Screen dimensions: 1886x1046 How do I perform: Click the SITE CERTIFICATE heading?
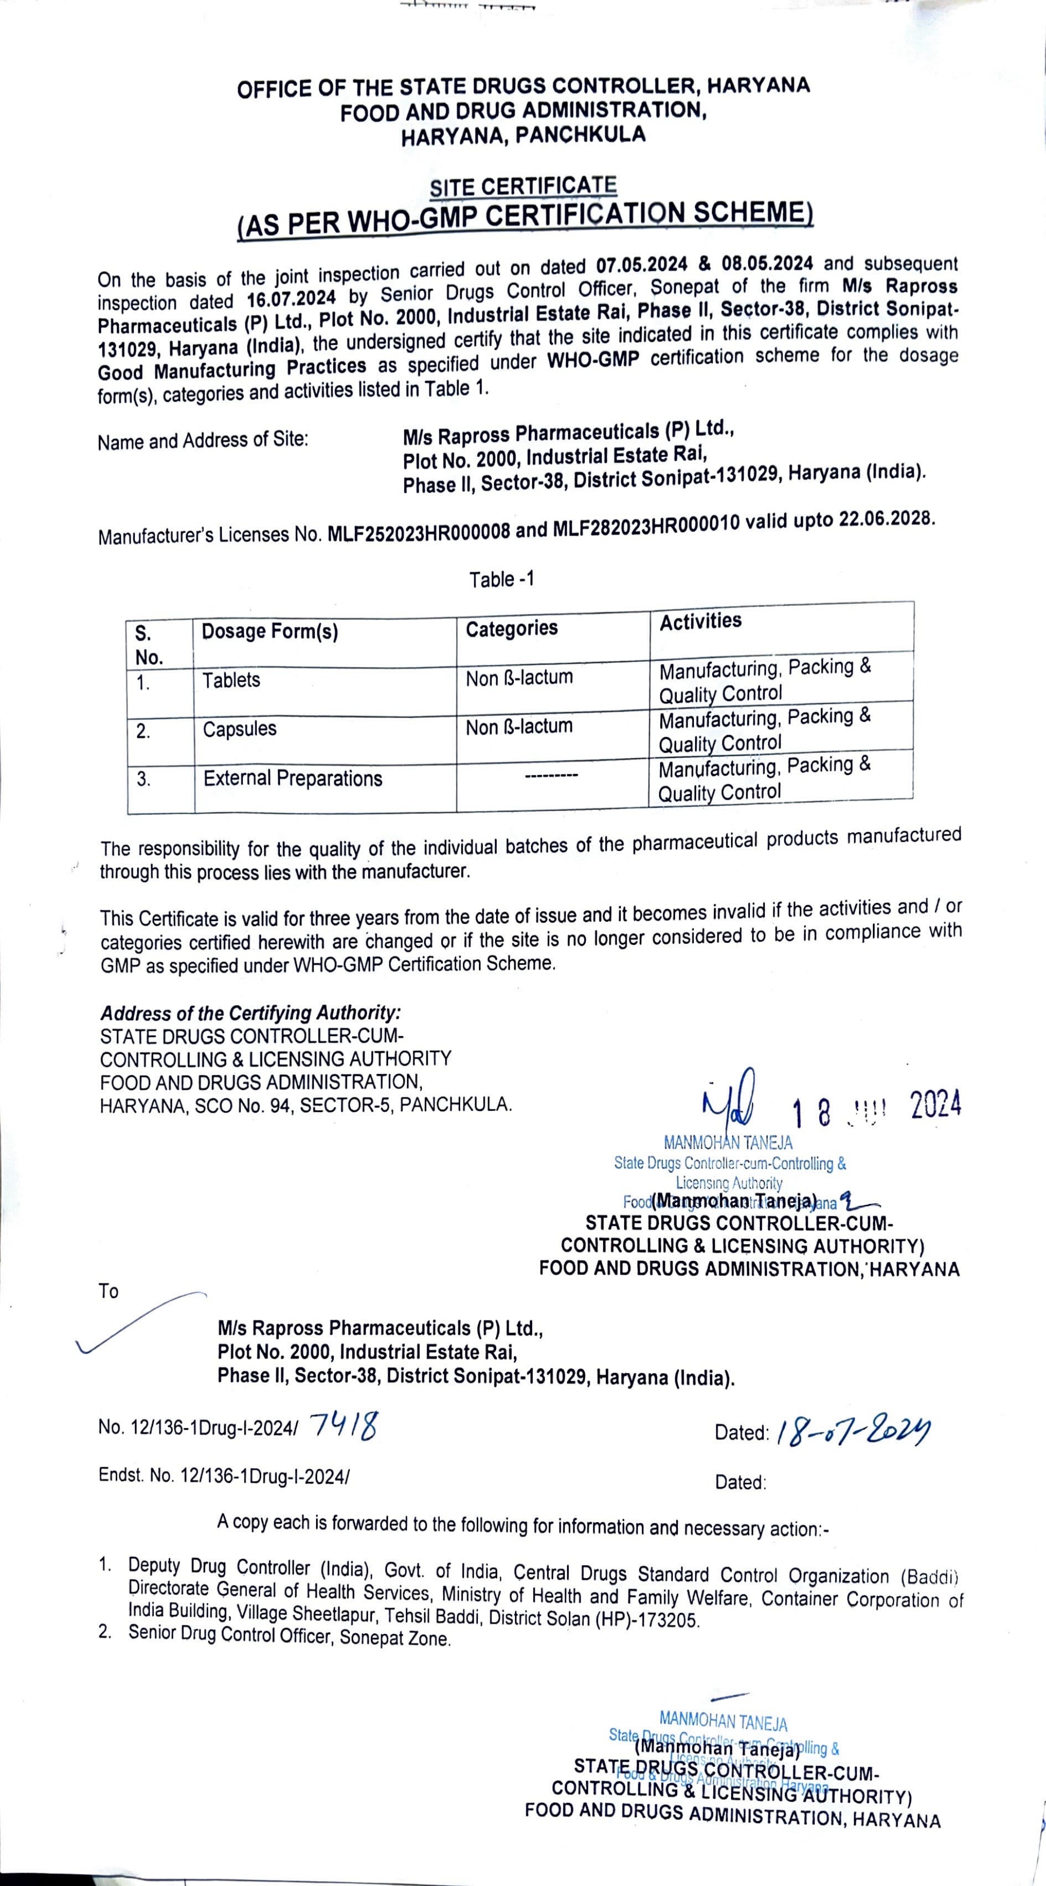coord(522,187)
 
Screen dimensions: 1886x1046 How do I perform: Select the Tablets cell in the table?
coord(231,680)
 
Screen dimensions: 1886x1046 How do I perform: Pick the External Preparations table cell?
coord(293,778)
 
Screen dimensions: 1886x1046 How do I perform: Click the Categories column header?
coord(512,628)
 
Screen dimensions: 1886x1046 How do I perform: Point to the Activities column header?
coord(700,621)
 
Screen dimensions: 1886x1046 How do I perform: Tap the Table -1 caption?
coord(502,579)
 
